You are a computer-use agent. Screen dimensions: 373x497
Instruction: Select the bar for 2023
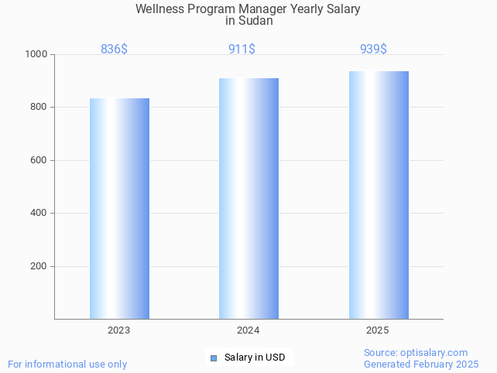coord(119,208)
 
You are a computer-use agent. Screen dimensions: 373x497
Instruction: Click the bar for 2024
coord(248,198)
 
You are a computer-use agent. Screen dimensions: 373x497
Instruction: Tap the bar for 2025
coord(379,195)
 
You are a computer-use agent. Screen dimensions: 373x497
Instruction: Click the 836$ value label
coord(115,50)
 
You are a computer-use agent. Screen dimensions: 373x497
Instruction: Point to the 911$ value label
coord(242,50)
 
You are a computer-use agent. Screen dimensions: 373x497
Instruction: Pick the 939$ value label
coord(373,50)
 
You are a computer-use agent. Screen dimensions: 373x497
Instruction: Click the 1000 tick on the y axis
coord(36,55)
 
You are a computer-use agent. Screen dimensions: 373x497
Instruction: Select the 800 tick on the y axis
coord(39,108)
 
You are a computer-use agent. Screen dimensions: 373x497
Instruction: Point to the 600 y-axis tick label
coord(39,160)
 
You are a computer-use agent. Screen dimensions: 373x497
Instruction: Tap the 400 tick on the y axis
coord(39,214)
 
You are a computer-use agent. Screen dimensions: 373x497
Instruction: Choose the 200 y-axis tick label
coord(39,266)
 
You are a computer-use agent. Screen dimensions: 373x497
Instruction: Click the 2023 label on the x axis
coord(119,330)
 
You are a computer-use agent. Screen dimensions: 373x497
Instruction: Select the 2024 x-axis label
coord(248,330)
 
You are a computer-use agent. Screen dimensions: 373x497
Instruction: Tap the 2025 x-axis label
coord(378,330)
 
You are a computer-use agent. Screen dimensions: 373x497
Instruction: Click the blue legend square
coord(214,358)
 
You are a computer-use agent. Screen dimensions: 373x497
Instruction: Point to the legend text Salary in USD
coord(255,358)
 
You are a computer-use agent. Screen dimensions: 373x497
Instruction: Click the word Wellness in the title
coord(159,9)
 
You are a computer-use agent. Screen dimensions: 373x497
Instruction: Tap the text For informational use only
coord(67,364)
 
